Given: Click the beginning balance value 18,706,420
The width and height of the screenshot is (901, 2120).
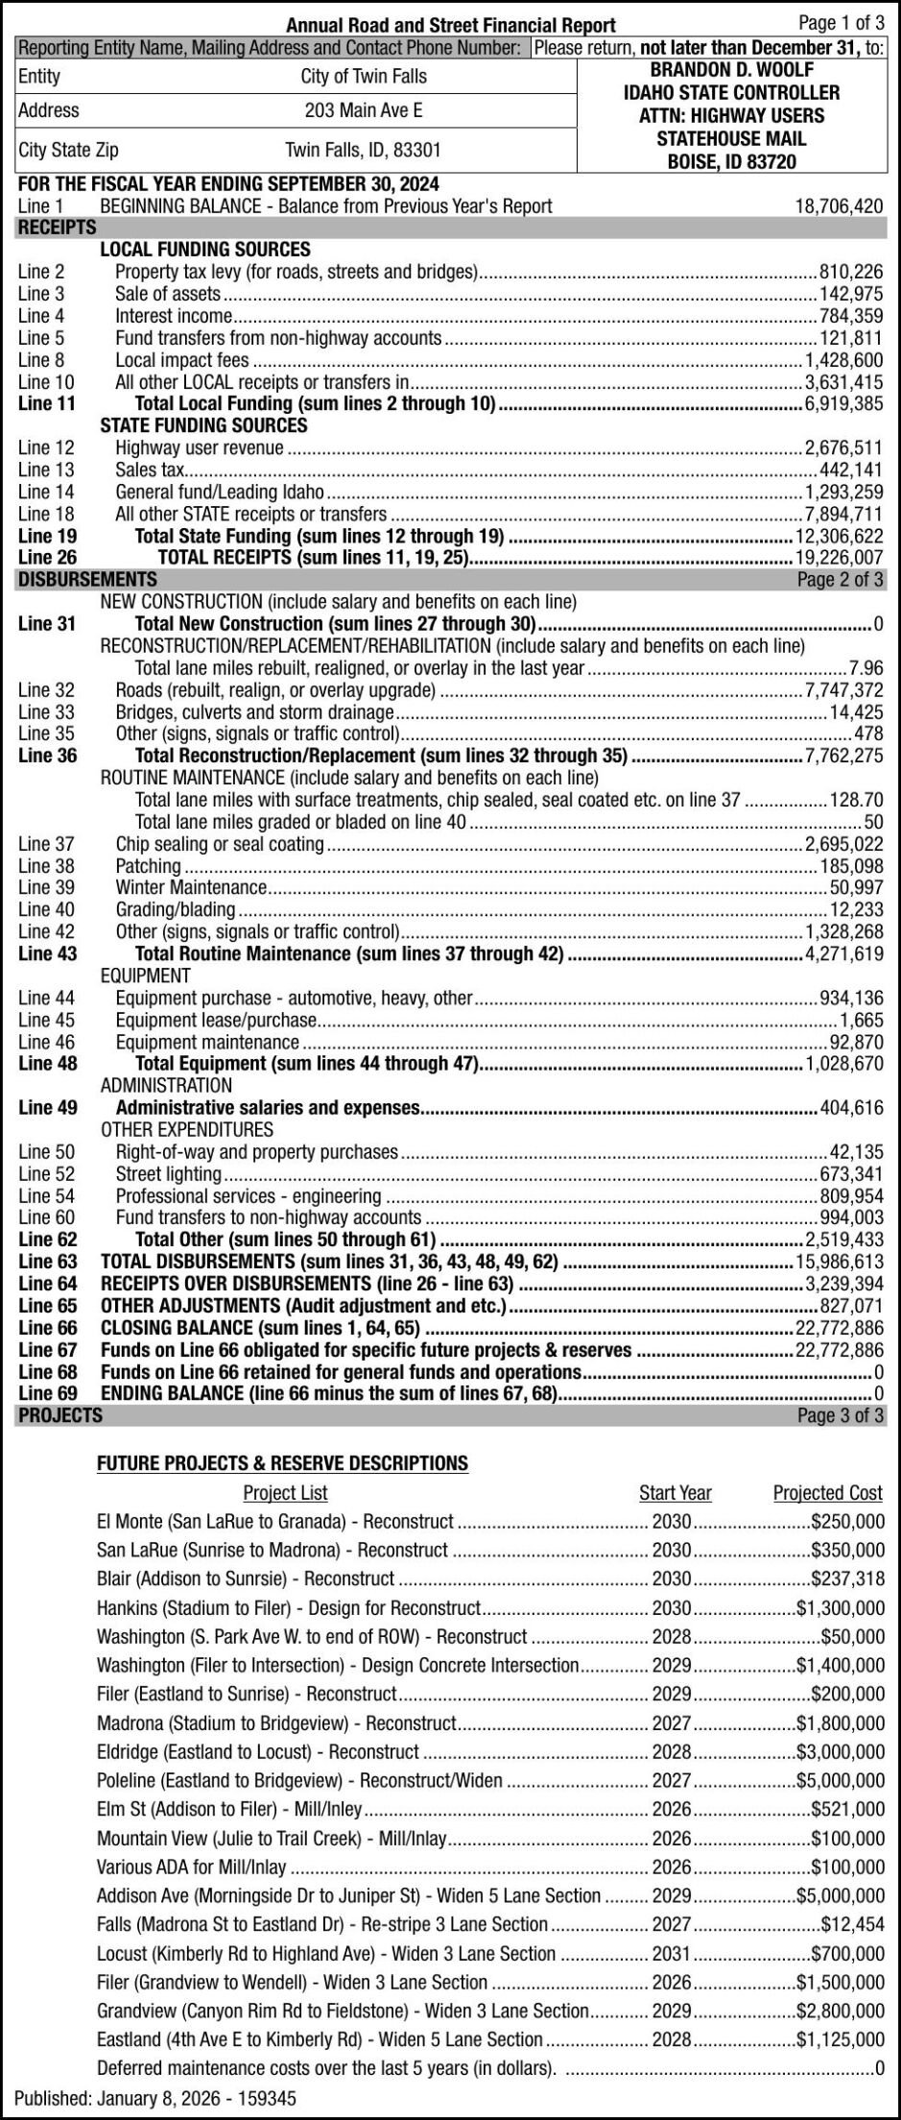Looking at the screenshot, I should coord(839,205).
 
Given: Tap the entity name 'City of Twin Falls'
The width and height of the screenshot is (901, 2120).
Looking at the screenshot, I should coord(364,77).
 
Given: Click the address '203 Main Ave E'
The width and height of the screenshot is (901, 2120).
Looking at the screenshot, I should coord(364,110).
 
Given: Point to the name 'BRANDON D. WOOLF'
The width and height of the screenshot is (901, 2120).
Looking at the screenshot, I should coord(732,70).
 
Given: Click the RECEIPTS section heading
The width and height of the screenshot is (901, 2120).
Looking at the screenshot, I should coord(57,228).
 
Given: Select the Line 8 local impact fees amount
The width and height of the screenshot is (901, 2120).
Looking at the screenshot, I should coord(843,360).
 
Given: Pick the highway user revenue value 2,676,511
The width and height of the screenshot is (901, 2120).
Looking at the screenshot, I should coord(843,447).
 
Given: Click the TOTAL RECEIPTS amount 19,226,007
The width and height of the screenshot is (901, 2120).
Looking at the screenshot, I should coord(839,558).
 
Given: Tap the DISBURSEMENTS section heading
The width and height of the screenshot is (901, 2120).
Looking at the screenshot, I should coord(87,580).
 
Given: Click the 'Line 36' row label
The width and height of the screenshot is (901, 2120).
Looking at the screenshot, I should coord(47,756).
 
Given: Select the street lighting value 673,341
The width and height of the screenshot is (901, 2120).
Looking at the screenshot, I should coord(851,1174).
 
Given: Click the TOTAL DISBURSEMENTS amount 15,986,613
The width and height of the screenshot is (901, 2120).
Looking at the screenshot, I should coord(839,1263).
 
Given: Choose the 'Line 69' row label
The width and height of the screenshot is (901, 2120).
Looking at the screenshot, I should coord(47,1392).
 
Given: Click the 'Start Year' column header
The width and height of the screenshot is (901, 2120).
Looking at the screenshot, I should coord(675,1493).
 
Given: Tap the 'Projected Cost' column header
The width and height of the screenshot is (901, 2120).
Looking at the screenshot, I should coord(827,1493).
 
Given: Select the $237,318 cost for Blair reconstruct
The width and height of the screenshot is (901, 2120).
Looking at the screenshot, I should coord(848,1578).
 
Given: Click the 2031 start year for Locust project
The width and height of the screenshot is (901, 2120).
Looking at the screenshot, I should coord(672,1953).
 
